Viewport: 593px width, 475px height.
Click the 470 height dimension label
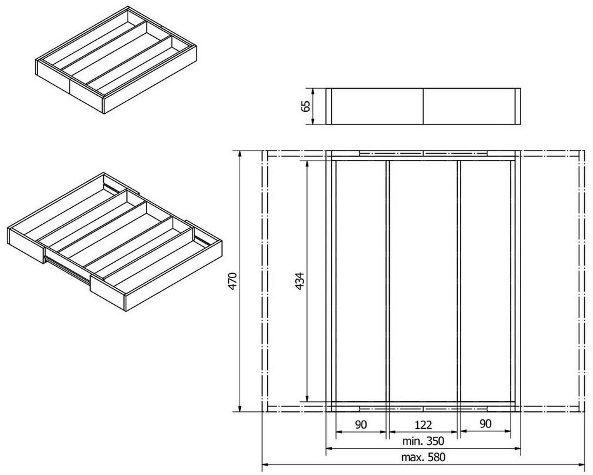click(233, 281)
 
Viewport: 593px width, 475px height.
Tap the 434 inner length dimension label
click(300, 281)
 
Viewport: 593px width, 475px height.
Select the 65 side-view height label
click(306, 106)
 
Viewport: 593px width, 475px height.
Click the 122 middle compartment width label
click(423, 425)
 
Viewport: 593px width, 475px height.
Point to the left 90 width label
click(361, 425)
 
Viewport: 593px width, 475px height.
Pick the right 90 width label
click(485, 424)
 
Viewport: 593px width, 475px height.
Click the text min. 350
click(423, 441)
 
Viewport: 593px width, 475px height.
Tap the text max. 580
click(423, 457)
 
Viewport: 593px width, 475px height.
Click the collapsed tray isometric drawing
click(116, 59)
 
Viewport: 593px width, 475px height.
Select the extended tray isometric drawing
click(114, 242)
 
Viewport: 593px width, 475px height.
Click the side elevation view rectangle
click(423, 107)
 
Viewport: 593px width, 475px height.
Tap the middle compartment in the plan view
click(423, 281)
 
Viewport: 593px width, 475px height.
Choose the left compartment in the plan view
click(361, 281)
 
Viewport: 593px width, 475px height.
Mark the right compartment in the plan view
click(485, 281)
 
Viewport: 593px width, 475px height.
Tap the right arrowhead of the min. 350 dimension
click(516, 449)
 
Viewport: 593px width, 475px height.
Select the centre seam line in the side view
click(423, 107)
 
